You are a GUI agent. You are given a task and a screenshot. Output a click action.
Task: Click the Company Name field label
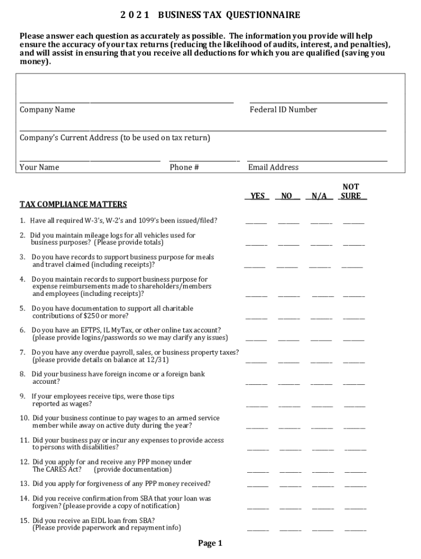48,110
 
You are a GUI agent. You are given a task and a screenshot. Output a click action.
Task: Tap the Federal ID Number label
283,110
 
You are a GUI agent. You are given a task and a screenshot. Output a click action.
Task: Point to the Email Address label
273,167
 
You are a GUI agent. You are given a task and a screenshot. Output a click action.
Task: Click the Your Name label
39,167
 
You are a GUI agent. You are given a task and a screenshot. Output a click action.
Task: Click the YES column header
258,196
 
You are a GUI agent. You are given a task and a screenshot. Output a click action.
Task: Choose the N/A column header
321,196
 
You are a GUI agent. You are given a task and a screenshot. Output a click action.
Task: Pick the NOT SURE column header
351,192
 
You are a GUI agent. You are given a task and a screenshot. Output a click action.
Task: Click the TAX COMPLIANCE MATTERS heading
73,205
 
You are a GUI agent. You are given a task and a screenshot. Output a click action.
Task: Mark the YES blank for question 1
256,222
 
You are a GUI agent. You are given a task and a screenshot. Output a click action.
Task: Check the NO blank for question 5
289,317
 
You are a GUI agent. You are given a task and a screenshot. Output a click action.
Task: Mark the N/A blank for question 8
321,383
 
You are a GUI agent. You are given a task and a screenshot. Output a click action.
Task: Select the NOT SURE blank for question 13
355,485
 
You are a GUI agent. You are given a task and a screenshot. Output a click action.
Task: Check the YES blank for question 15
258,529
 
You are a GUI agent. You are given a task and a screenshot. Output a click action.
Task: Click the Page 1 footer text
210,543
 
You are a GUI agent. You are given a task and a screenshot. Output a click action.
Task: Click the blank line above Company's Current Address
203,130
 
